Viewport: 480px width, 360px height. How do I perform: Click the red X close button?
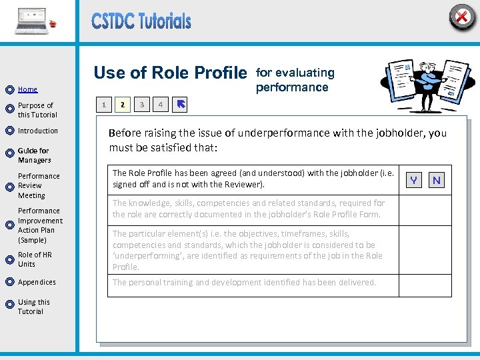pyautogui.click(x=461, y=16)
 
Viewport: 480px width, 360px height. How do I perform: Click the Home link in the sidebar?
pyautogui.click(x=27, y=89)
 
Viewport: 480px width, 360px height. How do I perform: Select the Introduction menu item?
pyautogui.click(x=38, y=131)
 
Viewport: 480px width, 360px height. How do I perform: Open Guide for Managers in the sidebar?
pyautogui.click(x=34, y=155)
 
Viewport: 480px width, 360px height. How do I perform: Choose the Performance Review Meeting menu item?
pyautogui.click(x=39, y=186)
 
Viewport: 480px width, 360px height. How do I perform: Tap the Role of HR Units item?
pyautogui.click(x=35, y=259)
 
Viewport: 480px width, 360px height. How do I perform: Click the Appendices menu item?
pyautogui.click(x=37, y=282)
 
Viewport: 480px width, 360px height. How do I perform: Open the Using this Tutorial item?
pyautogui.click(x=33, y=307)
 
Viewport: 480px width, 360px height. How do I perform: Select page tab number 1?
pyautogui.click(x=103, y=105)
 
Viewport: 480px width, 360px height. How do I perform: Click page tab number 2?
pyautogui.click(x=122, y=105)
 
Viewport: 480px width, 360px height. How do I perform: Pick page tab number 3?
pyautogui.click(x=141, y=105)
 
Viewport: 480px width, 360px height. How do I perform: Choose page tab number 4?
pyautogui.click(x=160, y=105)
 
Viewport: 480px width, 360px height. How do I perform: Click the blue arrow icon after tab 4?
pyautogui.click(x=181, y=105)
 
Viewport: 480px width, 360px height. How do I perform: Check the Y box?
pyautogui.click(x=415, y=180)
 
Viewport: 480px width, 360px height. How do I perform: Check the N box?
pyautogui.click(x=437, y=180)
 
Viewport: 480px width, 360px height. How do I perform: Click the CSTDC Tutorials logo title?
pyautogui.click(x=141, y=21)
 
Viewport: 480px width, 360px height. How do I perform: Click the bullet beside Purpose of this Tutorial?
pyautogui.click(x=9, y=108)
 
